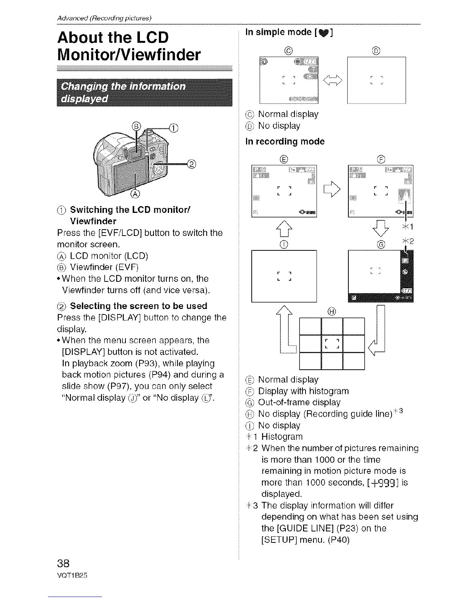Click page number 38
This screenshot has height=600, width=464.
click(x=64, y=562)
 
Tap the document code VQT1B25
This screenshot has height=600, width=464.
click(x=72, y=575)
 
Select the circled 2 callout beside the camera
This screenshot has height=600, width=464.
click(x=192, y=164)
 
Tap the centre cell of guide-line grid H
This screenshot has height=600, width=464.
click(x=332, y=344)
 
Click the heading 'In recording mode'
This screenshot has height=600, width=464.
click(x=285, y=142)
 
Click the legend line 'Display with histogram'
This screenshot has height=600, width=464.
click(x=303, y=391)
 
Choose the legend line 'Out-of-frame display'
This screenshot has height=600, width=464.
click(x=299, y=402)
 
